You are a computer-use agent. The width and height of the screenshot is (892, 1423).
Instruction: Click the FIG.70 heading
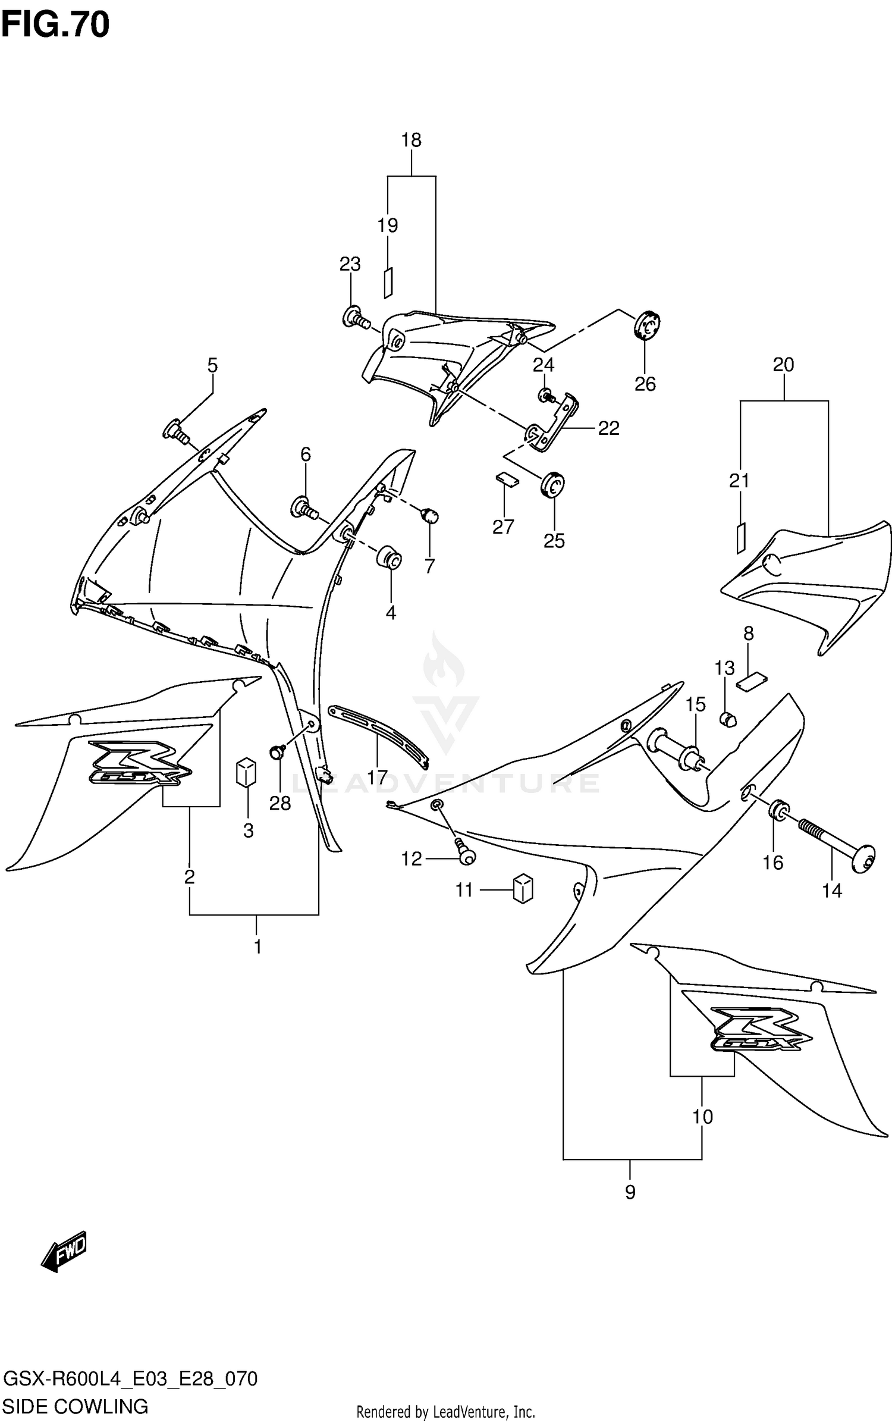click(x=55, y=25)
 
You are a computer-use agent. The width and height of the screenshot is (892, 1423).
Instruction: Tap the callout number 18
click(x=411, y=140)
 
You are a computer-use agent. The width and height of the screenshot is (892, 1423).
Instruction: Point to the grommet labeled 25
click(x=552, y=485)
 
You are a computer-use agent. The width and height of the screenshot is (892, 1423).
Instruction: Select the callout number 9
click(x=630, y=1192)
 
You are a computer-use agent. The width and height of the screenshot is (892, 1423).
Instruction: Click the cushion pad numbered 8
click(x=752, y=681)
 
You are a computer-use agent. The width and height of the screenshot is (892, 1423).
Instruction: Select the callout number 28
click(x=280, y=803)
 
